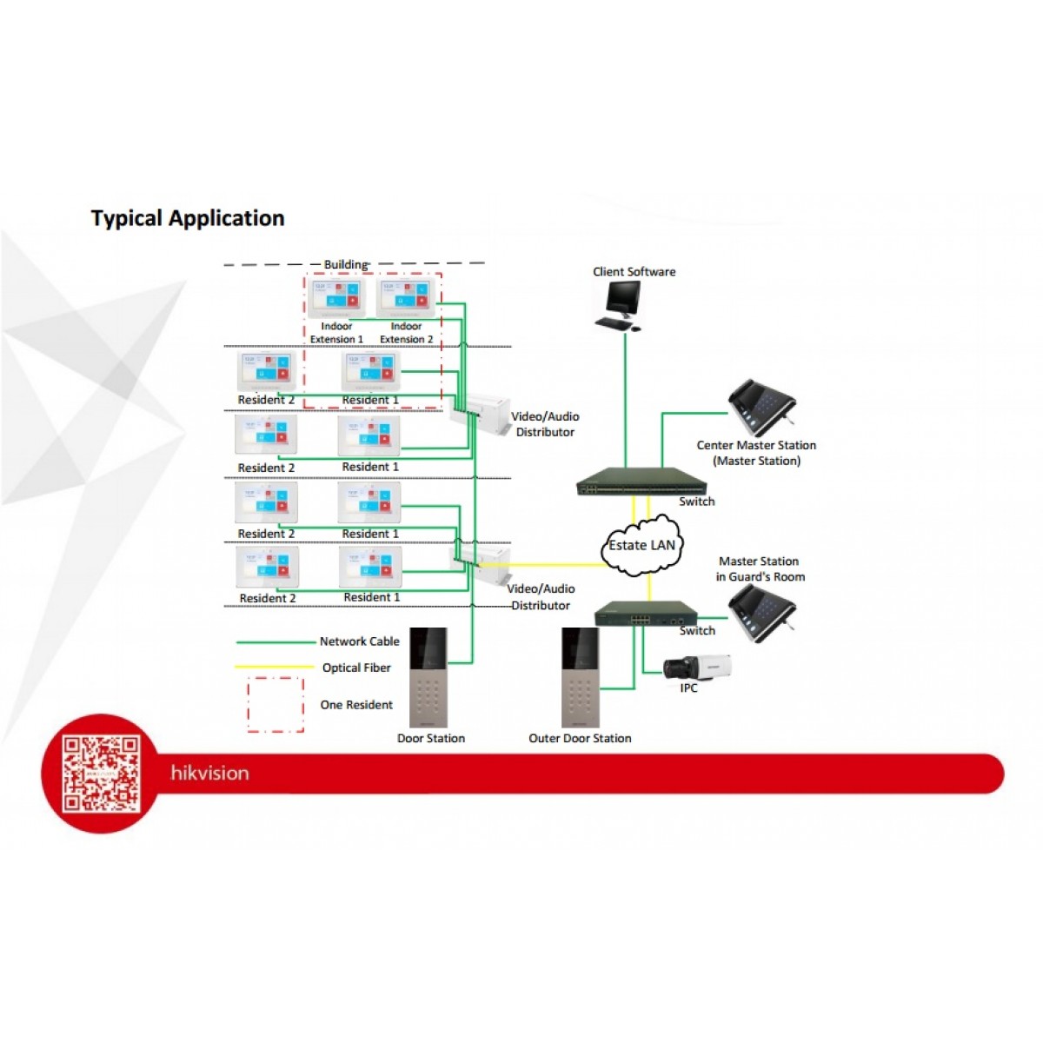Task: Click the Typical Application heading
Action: pyautogui.click(x=188, y=218)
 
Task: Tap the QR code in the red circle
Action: pyautogui.click(x=101, y=774)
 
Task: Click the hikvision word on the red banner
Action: pyautogui.click(x=209, y=773)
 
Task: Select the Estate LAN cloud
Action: pyautogui.click(x=642, y=545)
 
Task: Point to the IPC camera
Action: pyautogui.click(x=697, y=668)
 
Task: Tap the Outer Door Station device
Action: pyautogui.click(x=581, y=678)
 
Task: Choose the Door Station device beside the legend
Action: pyautogui.click(x=428, y=678)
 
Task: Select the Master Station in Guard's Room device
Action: pyautogui.click(x=761, y=613)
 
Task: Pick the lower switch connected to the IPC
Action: pyautogui.click(x=646, y=615)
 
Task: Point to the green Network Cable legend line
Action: pyautogui.click(x=275, y=642)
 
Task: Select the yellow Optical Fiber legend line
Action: pyautogui.click(x=275, y=668)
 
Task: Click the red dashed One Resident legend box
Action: pyautogui.click(x=276, y=705)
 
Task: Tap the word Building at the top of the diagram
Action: pyautogui.click(x=345, y=264)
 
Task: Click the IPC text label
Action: pyautogui.click(x=688, y=688)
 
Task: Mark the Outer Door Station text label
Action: pyautogui.click(x=580, y=739)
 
